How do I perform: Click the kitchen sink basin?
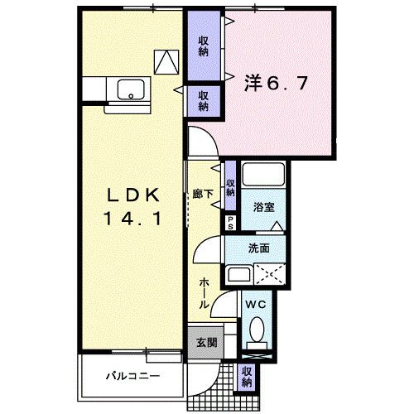click(x=129, y=89)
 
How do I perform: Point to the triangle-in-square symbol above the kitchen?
click(x=166, y=60)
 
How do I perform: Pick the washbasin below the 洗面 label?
click(x=238, y=275)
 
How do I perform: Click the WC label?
click(x=255, y=305)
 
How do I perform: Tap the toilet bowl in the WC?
click(x=257, y=335)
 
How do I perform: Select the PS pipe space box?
click(x=231, y=222)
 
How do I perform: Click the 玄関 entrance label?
click(x=206, y=343)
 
